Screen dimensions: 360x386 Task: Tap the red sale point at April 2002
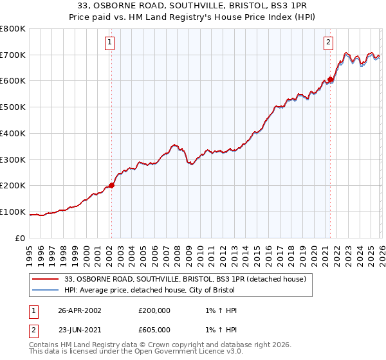[x=111, y=185]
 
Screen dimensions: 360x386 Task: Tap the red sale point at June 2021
[x=331, y=80]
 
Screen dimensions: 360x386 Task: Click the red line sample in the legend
[x=46, y=279]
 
